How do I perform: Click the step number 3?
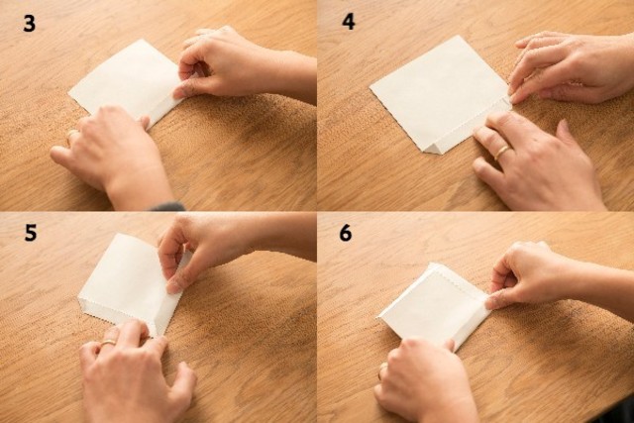29,24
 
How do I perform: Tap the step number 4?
349,22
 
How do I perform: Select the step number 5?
31,233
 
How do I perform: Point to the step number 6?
346,233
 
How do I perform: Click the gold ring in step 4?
502,152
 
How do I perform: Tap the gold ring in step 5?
108,342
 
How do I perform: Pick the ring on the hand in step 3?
71,135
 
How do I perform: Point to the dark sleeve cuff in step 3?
167,207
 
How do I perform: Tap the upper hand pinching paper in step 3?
243,64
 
